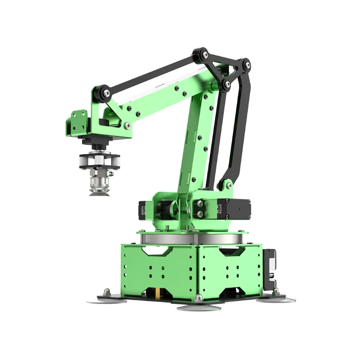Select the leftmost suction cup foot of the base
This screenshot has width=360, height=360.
pyautogui.click(x=106, y=300)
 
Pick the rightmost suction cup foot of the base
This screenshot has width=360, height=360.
pyautogui.click(x=275, y=299)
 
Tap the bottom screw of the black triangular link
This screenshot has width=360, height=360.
pyautogui.click(x=226, y=85)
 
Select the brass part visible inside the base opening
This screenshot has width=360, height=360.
pyautogui.click(x=157, y=292)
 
